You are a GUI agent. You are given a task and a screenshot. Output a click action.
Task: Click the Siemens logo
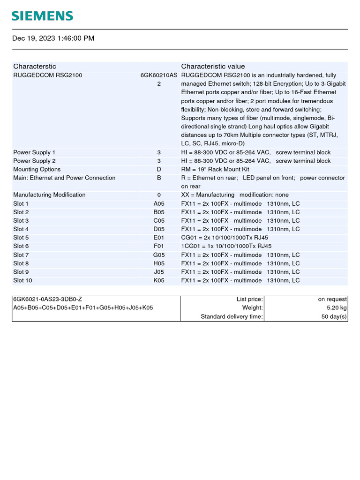coord(42,16)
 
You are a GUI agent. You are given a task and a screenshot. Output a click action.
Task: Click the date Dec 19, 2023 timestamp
coord(53,38)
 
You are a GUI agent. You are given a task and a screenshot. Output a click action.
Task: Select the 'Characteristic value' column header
coord(213,67)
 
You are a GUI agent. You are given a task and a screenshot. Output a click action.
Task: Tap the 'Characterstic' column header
coord(35,67)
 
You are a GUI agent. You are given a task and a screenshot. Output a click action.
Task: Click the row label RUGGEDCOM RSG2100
coord(48,75)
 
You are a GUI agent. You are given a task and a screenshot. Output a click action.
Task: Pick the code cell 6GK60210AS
coord(159,75)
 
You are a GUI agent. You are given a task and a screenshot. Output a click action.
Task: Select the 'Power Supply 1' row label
coord(34,152)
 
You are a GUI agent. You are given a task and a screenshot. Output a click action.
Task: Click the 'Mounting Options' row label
coord(37,169)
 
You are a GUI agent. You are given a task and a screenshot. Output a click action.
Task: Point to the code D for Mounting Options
coord(159,169)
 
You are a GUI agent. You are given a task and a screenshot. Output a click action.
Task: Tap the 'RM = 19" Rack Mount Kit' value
coord(215,169)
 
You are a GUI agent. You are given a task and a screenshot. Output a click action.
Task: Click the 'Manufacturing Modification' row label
coord(49,195)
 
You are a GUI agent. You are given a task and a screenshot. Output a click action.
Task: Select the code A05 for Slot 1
coord(159,204)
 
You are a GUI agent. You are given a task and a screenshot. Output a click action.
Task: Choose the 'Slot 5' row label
coord(21,238)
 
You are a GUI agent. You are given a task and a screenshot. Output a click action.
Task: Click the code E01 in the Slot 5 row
coord(159,238)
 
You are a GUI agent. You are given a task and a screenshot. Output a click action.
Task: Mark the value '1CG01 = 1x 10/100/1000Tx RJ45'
coord(226,246)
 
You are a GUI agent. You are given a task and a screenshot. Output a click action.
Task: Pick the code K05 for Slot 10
coord(159,280)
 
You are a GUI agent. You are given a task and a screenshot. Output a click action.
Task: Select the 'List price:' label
coord(250,299)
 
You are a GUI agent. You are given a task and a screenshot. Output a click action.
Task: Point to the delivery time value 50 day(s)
coord(334,317)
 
